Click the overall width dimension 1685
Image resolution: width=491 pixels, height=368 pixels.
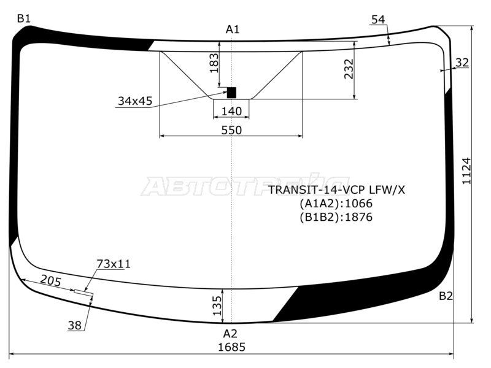click(231, 347)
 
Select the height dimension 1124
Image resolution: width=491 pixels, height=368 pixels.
click(466, 172)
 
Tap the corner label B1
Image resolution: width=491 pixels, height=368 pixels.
click(23, 19)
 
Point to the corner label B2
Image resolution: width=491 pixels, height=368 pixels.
click(446, 296)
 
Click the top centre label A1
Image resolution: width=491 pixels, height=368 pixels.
click(233, 29)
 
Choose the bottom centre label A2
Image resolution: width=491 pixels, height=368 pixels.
click(230, 334)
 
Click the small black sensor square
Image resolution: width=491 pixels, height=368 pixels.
click(231, 93)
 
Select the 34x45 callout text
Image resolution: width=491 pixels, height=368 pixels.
click(134, 101)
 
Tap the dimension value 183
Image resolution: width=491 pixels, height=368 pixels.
click(214, 63)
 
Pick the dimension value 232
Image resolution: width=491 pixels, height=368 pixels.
click(349, 69)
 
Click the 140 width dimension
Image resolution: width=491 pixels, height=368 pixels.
click(231, 111)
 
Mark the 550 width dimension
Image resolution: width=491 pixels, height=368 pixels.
click(231, 130)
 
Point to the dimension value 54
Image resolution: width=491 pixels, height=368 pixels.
click(378, 20)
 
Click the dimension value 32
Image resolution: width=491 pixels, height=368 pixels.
click(462, 62)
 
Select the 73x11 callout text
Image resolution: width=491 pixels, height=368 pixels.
click(114, 264)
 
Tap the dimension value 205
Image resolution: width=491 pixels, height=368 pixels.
click(50, 280)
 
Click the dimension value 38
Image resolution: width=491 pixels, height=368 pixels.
click(75, 326)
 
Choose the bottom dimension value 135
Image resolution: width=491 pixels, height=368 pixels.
click(216, 305)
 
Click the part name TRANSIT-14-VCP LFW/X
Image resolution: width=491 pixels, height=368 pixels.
click(337, 190)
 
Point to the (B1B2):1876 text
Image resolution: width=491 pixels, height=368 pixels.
click(336, 217)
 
